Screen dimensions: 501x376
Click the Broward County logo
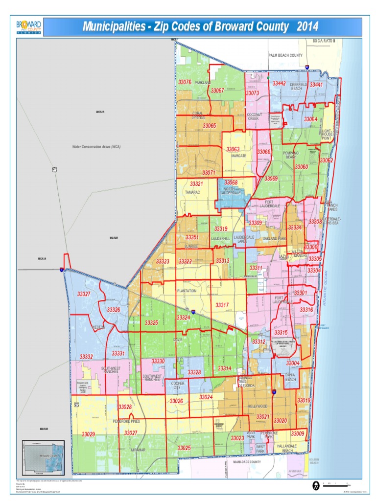(x=28, y=27)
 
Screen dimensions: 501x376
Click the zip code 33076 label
(x=185, y=82)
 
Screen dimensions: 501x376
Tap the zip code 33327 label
(x=84, y=294)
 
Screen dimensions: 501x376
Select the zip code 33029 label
(x=88, y=434)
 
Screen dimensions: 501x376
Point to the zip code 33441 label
(x=316, y=85)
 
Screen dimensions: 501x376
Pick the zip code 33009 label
(x=297, y=434)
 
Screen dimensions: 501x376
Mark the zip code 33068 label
(x=230, y=182)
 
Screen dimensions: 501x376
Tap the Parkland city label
(x=202, y=83)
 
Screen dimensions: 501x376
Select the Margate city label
(x=238, y=156)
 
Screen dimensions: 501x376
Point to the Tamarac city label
(x=192, y=193)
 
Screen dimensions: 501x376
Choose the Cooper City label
(x=178, y=386)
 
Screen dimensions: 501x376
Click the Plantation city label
(x=187, y=291)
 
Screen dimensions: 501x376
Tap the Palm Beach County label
(x=285, y=55)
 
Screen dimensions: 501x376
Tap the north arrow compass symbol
(x=316, y=485)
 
